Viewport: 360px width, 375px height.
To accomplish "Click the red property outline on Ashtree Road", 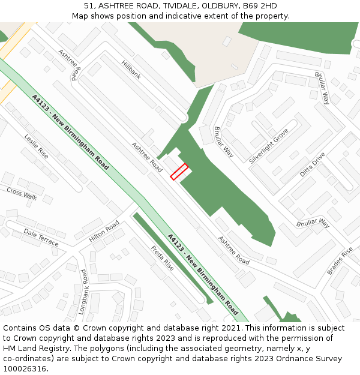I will pyautogui.click(x=179, y=172).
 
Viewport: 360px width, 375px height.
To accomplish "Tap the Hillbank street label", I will pyautogui.click(x=131, y=70).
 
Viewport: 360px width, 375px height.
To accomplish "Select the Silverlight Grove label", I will pyautogui.click(x=268, y=146).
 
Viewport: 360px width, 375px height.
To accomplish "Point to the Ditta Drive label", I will pyautogui.click(x=312, y=164).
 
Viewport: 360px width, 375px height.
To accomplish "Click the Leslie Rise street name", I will pyautogui.click(x=36, y=146).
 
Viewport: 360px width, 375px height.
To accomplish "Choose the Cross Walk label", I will pyautogui.click(x=22, y=193).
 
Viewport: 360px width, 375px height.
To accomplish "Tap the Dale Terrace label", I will pyautogui.click(x=41, y=237).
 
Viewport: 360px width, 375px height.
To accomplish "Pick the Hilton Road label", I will pyautogui.click(x=104, y=231).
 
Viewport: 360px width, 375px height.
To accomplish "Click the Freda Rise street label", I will pyautogui.click(x=162, y=258).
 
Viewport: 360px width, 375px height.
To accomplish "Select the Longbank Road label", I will pyautogui.click(x=83, y=292).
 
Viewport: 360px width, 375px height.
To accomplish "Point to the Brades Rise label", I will pyautogui.click(x=340, y=261).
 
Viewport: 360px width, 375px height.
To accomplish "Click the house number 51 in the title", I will pyautogui.click(x=88, y=6).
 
